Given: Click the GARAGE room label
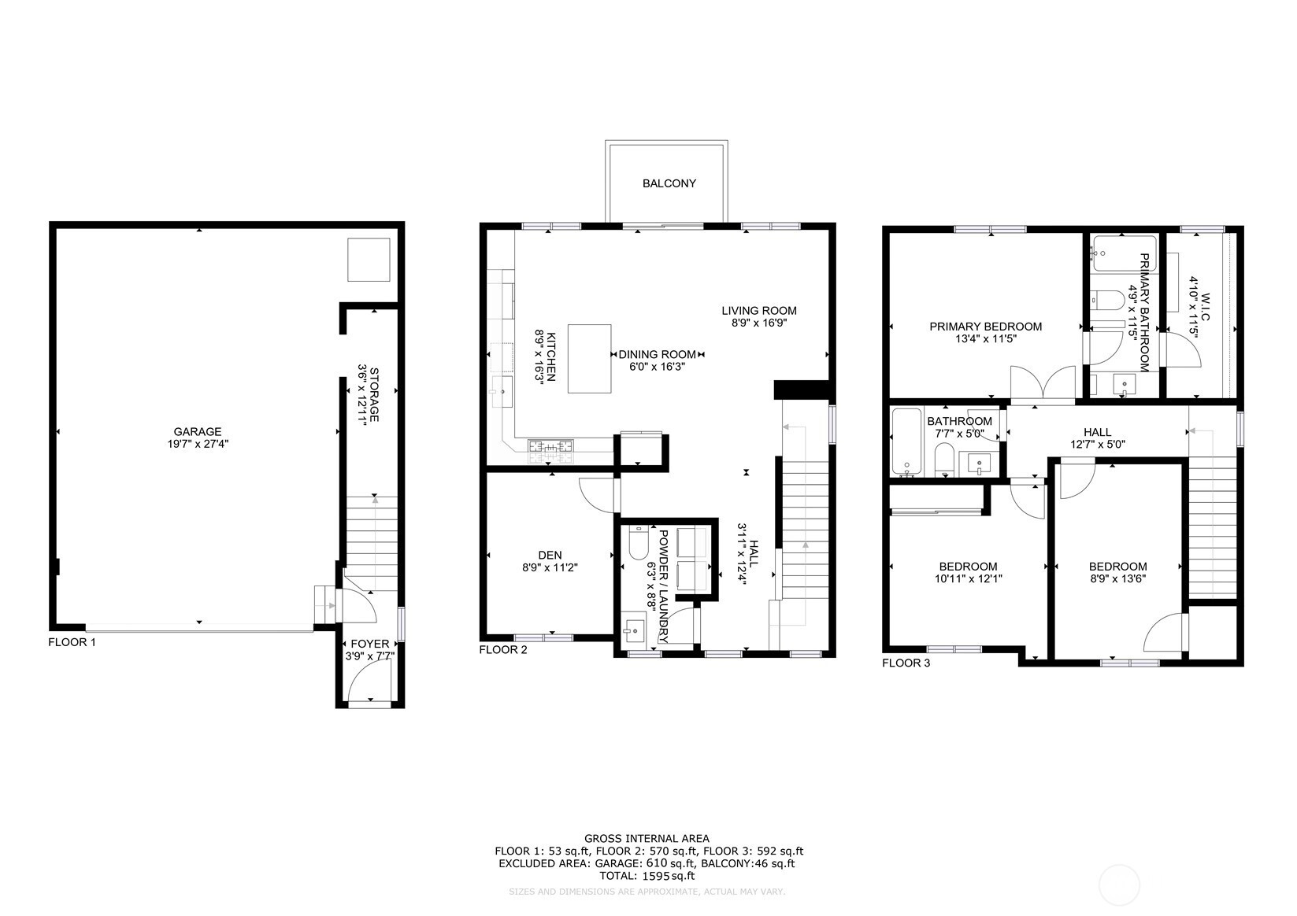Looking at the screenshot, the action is click(x=198, y=432).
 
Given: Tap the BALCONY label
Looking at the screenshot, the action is click(x=669, y=183).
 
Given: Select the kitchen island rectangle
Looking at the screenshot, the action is click(x=589, y=359).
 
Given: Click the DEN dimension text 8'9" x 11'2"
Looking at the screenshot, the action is click(x=550, y=567).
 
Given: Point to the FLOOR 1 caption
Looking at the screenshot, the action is click(x=72, y=641).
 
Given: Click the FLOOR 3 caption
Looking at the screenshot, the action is click(x=906, y=663).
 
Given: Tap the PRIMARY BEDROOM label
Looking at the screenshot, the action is click(x=985, y=327).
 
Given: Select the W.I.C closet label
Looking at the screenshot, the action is click(x=1206, y=307).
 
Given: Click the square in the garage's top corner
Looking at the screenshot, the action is click(x=369, y=260).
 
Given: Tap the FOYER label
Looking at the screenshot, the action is click(x=370, y=644).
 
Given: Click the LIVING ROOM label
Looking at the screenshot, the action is click(x=758, y=311).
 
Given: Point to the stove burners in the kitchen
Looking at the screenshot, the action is click(x=550, y=452).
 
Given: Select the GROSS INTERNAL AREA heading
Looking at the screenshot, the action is click(x=647, y=838).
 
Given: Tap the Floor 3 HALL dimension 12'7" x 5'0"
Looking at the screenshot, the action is click(x=1097, y=445).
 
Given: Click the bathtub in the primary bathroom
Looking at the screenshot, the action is click(x=1123, y=253).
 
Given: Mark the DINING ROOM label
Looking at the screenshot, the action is click(x=658, y=354).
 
